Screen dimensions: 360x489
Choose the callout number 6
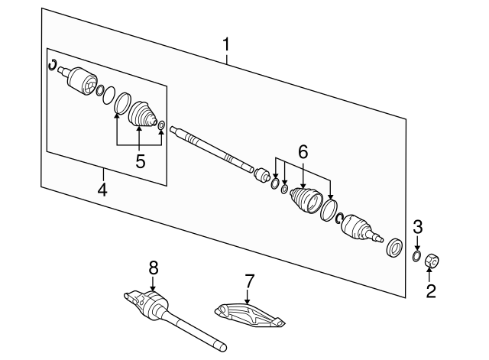(303, 153)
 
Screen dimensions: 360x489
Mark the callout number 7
(248, 284)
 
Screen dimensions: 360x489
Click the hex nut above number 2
(431, 261)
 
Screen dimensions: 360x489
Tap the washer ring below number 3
(416, 254)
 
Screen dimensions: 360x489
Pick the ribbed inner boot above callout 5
(141, 114)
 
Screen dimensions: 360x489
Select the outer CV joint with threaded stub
(359, 229)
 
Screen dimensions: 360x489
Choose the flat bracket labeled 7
(248, 316)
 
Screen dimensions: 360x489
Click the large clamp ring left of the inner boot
(121, 103)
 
